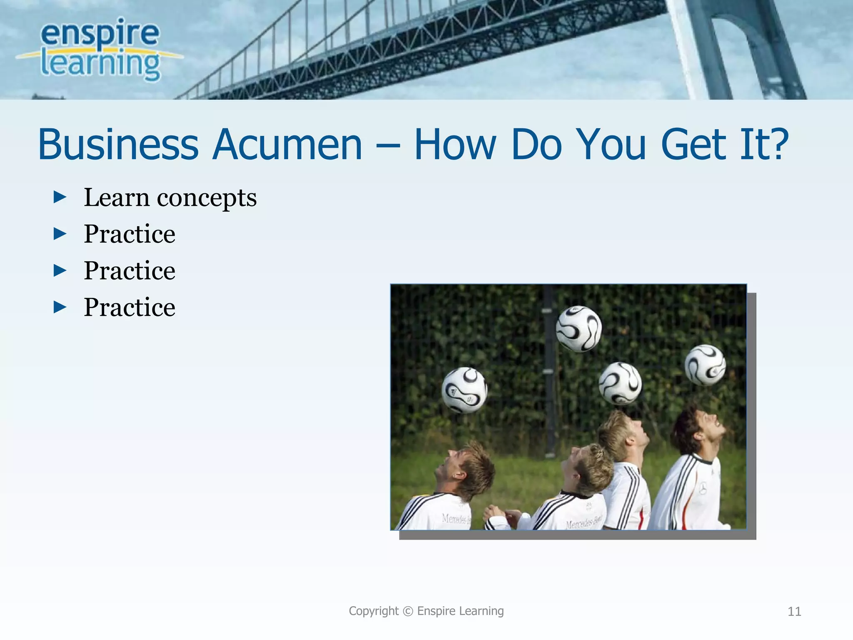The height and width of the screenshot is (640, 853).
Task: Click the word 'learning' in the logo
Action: (100, 65)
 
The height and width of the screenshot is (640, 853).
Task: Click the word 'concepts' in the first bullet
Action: (207, 198)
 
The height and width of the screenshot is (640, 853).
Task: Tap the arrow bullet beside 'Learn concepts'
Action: (60, 197)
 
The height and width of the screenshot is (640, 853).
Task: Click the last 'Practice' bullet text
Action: (130, 307)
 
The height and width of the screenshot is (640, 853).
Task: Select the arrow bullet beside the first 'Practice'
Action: (60, 234)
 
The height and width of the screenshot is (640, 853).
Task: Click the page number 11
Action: (794, 612)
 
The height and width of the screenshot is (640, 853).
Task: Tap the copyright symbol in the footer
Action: (408, 611)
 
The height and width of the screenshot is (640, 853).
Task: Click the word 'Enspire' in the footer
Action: (436, 611)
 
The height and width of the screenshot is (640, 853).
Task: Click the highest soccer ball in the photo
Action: (579, 328)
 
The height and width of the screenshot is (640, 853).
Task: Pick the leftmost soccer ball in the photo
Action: (464, 390)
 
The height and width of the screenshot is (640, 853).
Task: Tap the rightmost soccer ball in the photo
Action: (705, 365)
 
